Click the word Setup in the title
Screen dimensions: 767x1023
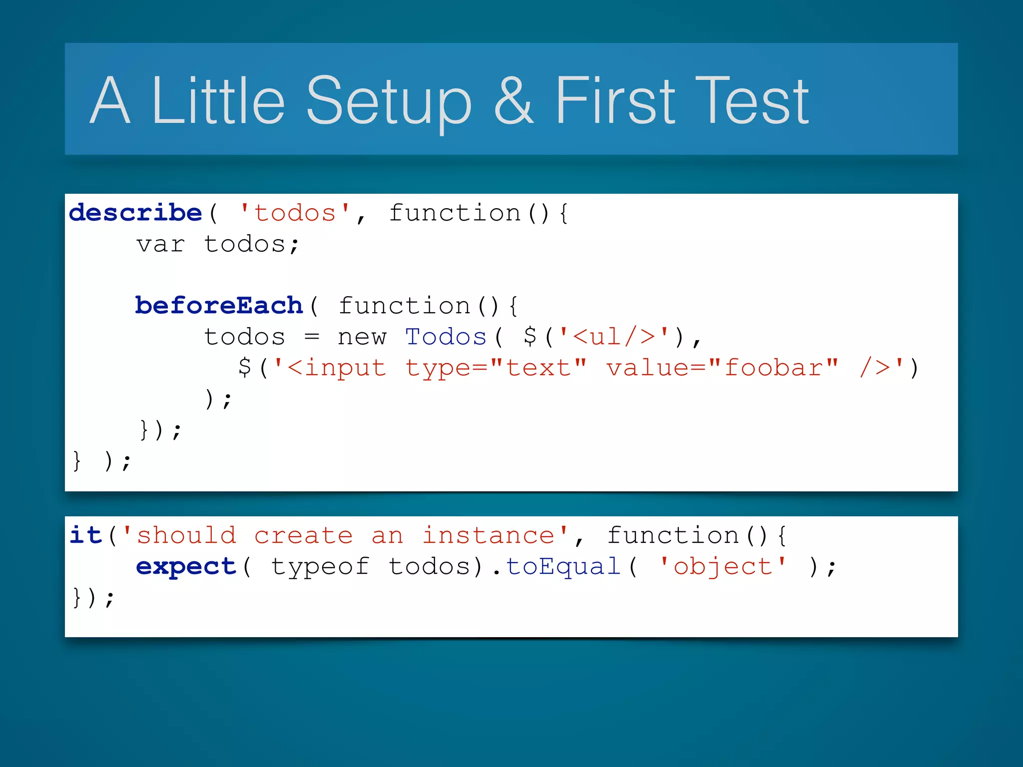click(x=388, y=102)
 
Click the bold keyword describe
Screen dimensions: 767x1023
click(x=135, y=213)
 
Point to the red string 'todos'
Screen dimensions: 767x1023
click(x=295, y=213)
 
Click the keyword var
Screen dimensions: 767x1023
click(x=160, y=245)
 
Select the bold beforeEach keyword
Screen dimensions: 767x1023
click(x=219, y=306)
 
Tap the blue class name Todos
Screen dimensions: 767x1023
click(x=446, y=337)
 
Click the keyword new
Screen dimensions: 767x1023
click(x=362, y=337)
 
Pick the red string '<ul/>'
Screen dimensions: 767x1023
click(x=613, y=337)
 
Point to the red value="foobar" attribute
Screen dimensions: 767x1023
click(x=722, y=368)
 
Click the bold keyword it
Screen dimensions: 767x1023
click(x=86, y=535)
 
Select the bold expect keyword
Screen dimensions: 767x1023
click(x=186, y=567)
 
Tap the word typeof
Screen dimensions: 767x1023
click(x=320, y=567)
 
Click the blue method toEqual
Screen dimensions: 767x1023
click(x=563, y=567)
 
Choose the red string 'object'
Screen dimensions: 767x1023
click(x=722, y=567)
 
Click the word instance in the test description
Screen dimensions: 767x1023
click(x=488, y=535)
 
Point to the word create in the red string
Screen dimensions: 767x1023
click(x=303, y=535)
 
